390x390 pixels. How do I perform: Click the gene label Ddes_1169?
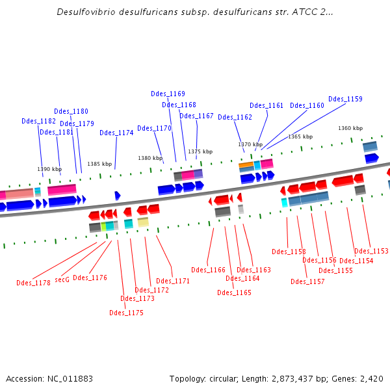[168, 94]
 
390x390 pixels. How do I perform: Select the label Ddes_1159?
[345, 99]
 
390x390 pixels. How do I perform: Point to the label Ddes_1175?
[126, 313]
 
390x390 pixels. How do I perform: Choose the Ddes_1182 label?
[38, 121]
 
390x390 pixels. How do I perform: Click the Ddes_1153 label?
[371, 251]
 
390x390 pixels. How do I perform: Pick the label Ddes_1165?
[234, 292]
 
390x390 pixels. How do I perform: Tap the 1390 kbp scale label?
[49, 169]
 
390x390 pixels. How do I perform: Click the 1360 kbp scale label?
[350, 128]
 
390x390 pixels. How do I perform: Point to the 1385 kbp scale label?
[99, 164]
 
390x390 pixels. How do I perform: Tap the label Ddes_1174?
[116, 133]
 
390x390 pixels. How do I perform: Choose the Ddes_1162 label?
[235, 117]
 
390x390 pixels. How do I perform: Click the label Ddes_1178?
[33, 283]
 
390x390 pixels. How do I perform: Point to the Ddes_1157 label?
[307, 281]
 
